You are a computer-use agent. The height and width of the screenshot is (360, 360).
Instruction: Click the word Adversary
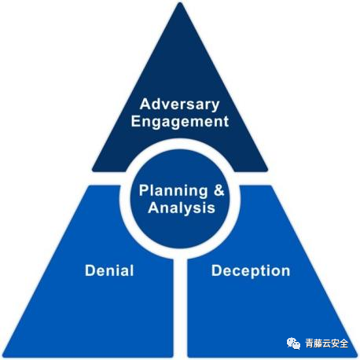(179, 105)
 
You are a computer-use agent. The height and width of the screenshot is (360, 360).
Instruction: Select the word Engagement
(180, 122)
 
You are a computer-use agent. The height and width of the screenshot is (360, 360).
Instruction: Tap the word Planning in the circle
(173, 192)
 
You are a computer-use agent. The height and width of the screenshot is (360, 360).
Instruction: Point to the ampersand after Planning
(219, 190)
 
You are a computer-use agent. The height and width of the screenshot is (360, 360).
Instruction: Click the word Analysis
(182, 208)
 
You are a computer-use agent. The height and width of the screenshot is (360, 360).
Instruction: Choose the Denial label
(109, 270)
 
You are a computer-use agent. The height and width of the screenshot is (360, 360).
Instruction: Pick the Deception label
(251, 271)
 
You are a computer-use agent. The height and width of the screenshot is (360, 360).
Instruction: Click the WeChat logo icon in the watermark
(293, 343)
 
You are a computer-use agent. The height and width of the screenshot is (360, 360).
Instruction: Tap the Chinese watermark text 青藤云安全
(326, 343)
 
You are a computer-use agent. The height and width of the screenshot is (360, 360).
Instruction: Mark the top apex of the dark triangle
(180, 3)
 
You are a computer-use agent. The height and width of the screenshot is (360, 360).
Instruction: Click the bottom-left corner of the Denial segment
(3, 356)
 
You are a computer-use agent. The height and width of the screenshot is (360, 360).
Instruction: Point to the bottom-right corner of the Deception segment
(357, 356)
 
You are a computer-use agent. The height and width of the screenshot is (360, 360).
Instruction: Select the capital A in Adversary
(145, 104)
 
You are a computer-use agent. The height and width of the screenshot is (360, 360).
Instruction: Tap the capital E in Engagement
(136, 121)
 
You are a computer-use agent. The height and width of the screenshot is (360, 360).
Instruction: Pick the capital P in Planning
(144, 190)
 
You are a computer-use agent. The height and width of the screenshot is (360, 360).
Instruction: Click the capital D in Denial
(90, 270)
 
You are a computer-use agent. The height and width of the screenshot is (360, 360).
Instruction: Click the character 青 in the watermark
(310, 343)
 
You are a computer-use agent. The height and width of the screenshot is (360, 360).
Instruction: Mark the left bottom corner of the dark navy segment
(93, 171)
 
